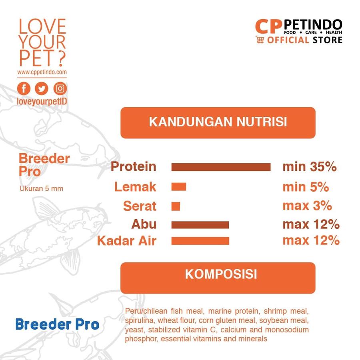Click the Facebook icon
(24, 88)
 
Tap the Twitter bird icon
(41, 88)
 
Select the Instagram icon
(60, 88)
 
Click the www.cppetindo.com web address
(42, 72)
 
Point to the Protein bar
(221, 167)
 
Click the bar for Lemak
(179, 186)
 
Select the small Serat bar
(176, 206)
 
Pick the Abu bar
(200, 225)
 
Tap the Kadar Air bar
(200, 241)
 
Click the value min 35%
(309, 167)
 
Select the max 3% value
(307, 206)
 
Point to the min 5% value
(306, 186)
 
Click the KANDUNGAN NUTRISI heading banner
(218, 122)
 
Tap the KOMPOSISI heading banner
(218, 275)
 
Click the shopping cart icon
(260, 40)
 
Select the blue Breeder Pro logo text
(57, 324)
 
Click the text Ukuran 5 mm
(41, 188)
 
